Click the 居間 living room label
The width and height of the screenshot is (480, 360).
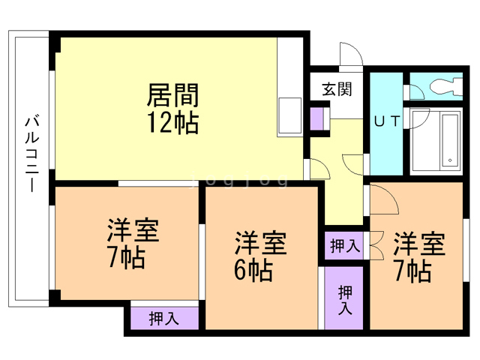tap(172, 96)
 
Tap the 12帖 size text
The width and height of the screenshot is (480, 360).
tap(172, 122)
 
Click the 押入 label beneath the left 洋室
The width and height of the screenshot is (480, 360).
tap(163, 318)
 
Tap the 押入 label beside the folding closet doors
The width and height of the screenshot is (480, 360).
tap(344, 245)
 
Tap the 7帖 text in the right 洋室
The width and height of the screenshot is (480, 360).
tap(413, 270)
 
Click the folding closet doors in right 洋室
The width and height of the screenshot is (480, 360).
tap(374, 245)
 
